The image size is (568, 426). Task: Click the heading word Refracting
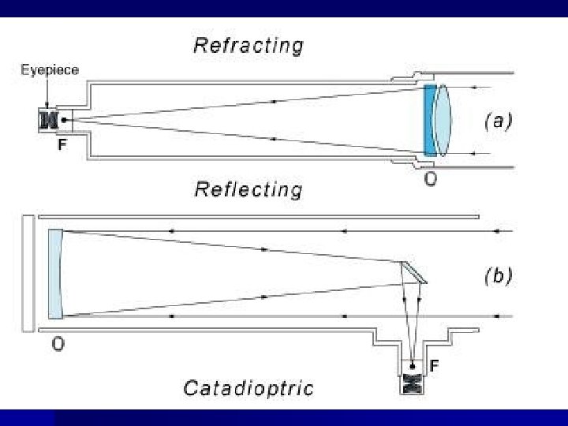tap(248, 45)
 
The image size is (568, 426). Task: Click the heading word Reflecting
tap(248, 189)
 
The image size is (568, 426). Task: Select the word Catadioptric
tap(248, 387)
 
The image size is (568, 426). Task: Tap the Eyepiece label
tap(50, 69)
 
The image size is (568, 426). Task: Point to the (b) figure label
tap(498, 276)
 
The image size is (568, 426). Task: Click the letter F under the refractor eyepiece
tap(61, 146)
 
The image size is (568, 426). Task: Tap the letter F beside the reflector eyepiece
tap(435, 366)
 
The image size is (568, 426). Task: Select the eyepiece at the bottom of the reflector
tap(411, 383)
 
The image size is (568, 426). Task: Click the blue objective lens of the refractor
tap(429, 121)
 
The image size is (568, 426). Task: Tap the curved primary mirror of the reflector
tap(54, 272)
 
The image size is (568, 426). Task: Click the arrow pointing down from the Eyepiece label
tap(49, 93)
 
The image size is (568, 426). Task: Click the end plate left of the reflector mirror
tap(28, 272)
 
